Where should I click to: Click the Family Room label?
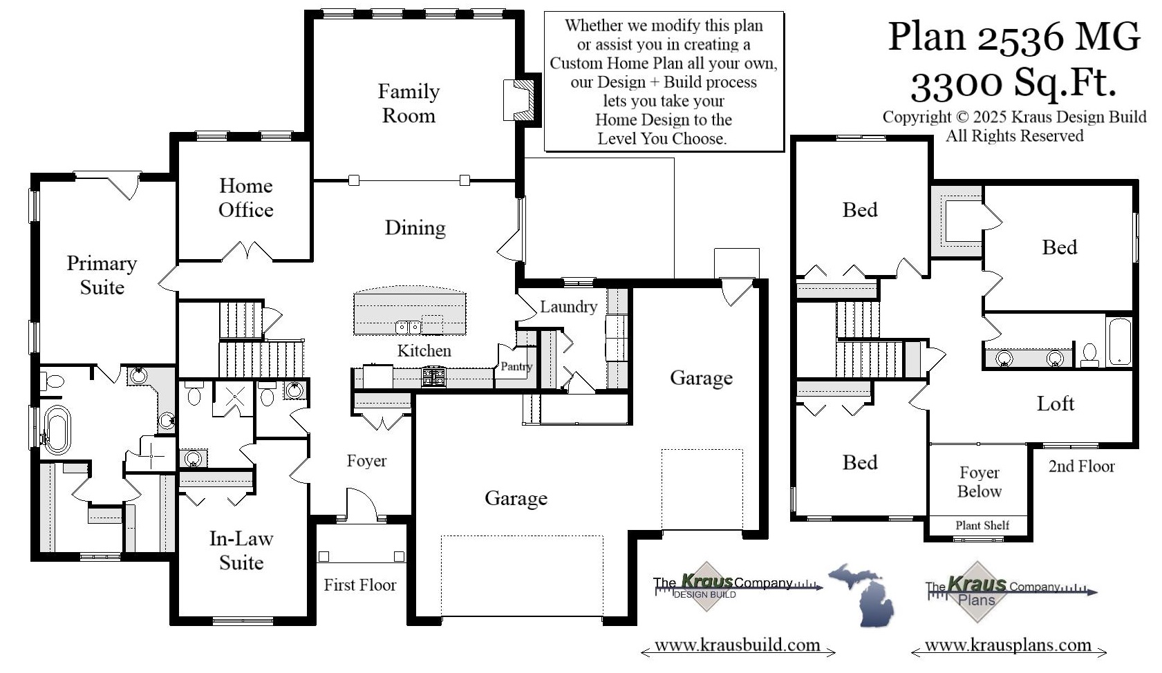(x=409, y=103)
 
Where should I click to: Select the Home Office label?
(x=245, y=198)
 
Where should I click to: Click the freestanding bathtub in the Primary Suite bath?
(x=57, y=430)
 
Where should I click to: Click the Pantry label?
(x=516, y=366)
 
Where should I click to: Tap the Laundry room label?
(x=568, y=306)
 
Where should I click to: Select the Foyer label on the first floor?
(x=366, y=461)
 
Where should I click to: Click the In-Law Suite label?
(x=241, y=550)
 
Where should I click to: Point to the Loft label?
(x=1055, y=404)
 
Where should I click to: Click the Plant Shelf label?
(x=982, y=525)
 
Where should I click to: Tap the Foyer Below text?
(x=979, y=482)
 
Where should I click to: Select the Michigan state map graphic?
(x=862, y=594)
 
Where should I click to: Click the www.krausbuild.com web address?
(x=737, y=645)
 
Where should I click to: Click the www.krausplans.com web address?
(x=1008, y=645)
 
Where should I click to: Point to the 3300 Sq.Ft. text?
(x=1013, y=83)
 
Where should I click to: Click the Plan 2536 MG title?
(x=1013, y=36)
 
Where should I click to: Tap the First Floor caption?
(x=359, y=585)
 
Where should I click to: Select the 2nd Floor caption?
(x=1081, y=466)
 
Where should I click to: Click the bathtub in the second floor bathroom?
(x=1119, y=341)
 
